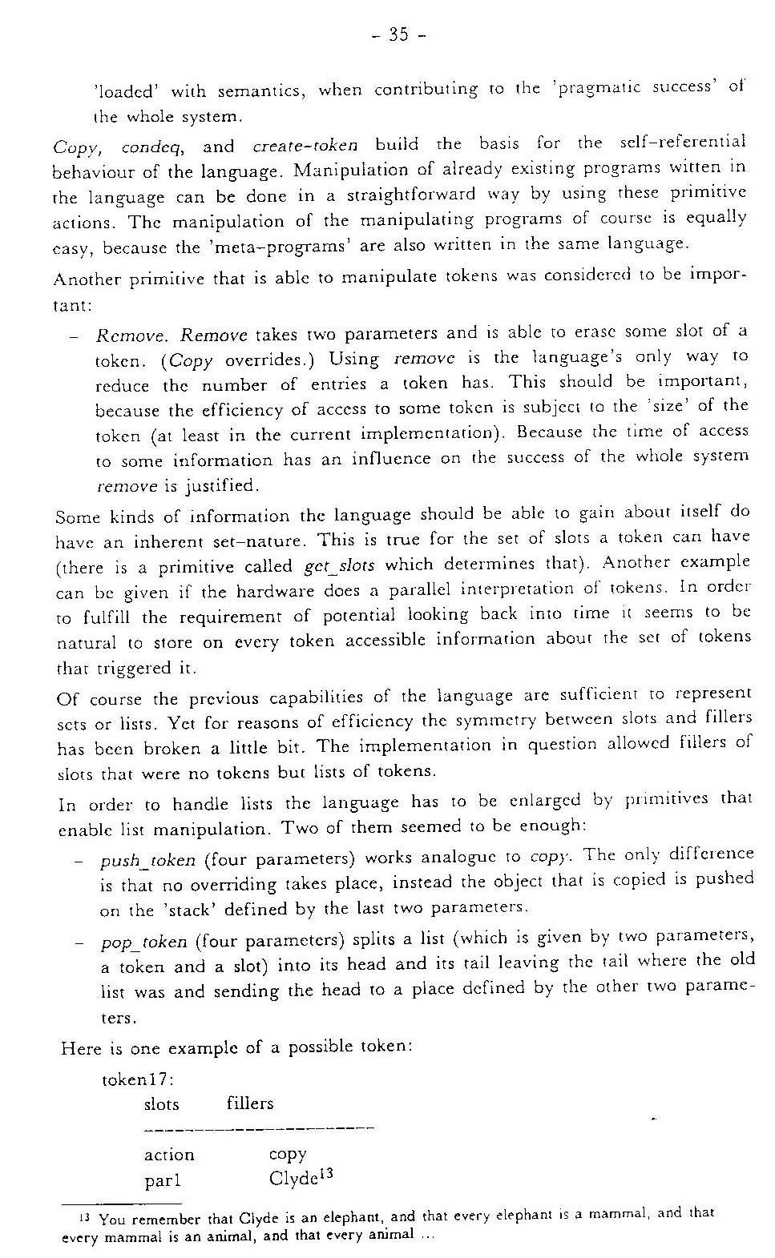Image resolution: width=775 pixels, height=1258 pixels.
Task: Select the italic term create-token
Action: pyautogui.click(x=305, y=146)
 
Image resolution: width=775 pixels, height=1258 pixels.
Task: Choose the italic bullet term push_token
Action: pyautogui.click(x=148, y=861)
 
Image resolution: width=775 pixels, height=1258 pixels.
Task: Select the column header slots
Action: pyautogui.click(x=161, y=1104)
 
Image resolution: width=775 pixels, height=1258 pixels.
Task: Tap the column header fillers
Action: pyautogui.click(x=250, y=1103)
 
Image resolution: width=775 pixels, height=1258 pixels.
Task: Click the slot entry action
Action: pyautogui.click(x=169, y=1155)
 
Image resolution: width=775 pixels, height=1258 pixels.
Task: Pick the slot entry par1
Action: pyautogui.click(x=163, y=1180)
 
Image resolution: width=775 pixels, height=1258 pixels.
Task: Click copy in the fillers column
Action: pyautogui.click(x=288, y=1154)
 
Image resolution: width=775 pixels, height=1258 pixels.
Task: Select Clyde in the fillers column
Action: pyautogui.click(x=294, y=1179)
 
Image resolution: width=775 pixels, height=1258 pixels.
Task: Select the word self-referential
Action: pyautogui.click(x=683, y=143)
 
